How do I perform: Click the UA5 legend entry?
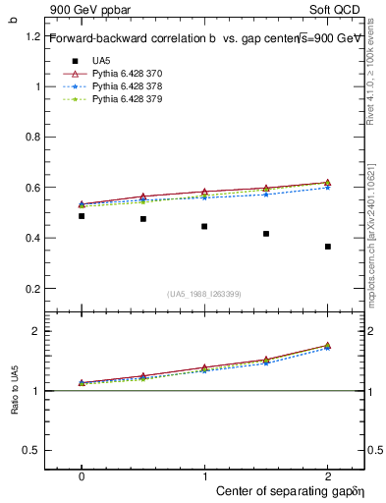pos(101,60)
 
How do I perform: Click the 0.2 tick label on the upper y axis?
pos(32,288)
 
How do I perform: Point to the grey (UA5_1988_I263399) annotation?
pos(204,293)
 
